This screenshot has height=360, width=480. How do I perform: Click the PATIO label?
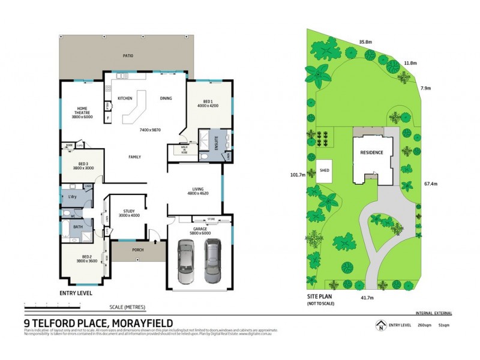click(128, 56)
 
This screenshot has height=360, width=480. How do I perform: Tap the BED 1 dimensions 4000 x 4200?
click(207, 106)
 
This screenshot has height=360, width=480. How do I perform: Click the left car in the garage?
click(187, 262)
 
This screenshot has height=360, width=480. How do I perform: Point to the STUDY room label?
click(128, 211)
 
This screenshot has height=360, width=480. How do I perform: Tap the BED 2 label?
click(87, 256)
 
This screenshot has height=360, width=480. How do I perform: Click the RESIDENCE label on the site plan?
click(371, 153)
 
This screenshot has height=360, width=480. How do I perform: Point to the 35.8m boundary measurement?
click(366, 42)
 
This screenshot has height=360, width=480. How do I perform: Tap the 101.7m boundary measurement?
click(298, 175)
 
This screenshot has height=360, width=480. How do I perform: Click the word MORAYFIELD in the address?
click(137, 322)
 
